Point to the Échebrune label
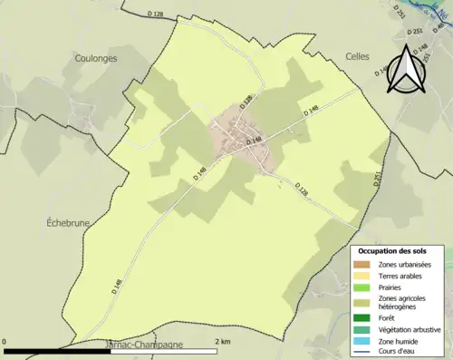tap(68, 221)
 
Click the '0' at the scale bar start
tap(6, 341)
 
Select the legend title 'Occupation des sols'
tap(397, 251)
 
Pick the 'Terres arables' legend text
tap(402, 276)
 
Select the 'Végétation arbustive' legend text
tap(412, 331)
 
